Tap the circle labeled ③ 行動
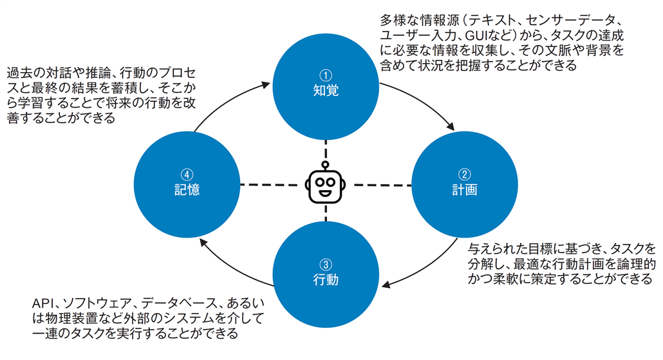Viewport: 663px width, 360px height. [x=326, y=274]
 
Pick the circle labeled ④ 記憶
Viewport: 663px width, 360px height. [x=187, y=184]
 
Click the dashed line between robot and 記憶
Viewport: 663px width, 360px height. [x=270, y=185]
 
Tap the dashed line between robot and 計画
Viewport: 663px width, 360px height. [x=380, y=185]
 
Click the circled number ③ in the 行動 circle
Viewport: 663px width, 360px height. [x=326, y=265]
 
